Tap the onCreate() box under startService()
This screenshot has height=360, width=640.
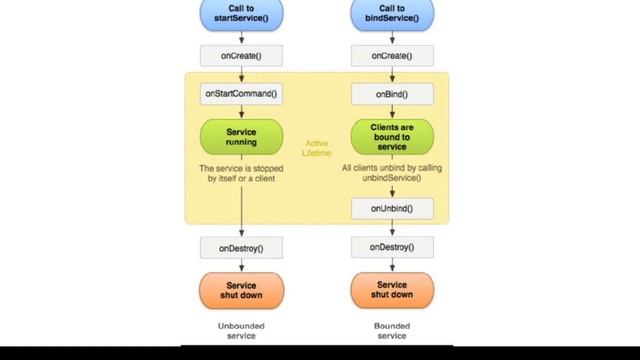(x=241, y=55)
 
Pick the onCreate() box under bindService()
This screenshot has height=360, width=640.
(x=391, y=55)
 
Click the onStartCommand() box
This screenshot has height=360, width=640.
(x=241, y=94)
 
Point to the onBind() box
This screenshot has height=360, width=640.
(x=391, y=94)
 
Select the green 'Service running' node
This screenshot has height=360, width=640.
(x=241, y=136)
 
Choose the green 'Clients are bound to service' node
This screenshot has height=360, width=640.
(x=391, y=136)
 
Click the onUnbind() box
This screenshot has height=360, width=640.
(x=391, y=208)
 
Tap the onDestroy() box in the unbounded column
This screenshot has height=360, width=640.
(x=241, y=246)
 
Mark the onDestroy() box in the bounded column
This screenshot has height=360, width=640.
(x=391, y=246)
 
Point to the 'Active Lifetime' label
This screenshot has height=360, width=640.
(x=316, y=148)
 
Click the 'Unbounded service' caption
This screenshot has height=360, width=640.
(x=241, y=331)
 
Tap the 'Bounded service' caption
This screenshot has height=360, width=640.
(x=391, y=331)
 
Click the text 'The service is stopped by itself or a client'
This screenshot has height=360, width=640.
(x=241, y=173)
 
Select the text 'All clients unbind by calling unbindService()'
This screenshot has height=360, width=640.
(x=391, y=173)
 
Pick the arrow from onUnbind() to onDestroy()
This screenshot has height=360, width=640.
(x=391, y=227)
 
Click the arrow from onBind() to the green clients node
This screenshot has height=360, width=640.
(x=391, y=112)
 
